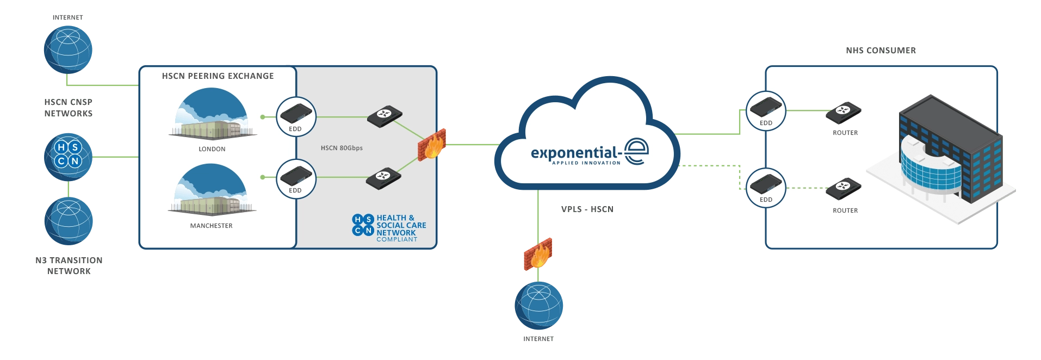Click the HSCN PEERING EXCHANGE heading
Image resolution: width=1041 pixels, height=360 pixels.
click(x=218, y=76)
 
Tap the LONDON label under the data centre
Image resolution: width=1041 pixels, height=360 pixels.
click(x=212, y=149)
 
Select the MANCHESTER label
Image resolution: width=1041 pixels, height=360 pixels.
click(x=211, y=226)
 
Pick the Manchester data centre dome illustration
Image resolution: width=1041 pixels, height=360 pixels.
click(x=211, y=190)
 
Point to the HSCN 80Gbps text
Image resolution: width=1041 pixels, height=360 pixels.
click(x=342, y=148)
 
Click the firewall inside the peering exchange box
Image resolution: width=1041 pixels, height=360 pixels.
click(x=432, y=145)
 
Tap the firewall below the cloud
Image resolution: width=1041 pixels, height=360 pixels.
click(x=537, y=253)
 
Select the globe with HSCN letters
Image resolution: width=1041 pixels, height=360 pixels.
click(x=68, y=156)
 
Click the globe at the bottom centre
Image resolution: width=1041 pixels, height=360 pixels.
click(x=538, y=305)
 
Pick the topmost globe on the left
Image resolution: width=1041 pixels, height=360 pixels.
click(x=68, y=49)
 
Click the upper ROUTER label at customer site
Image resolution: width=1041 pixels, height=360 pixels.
click(x=845, y=133)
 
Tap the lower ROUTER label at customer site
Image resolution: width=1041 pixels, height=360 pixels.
click(x=845, y=210)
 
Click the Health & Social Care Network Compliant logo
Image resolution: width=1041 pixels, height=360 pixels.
click(x=389, y=228)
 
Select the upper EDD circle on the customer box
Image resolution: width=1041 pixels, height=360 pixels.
click(x=766, y=111)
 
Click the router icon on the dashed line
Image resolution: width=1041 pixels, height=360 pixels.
click(x=843, y=189)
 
